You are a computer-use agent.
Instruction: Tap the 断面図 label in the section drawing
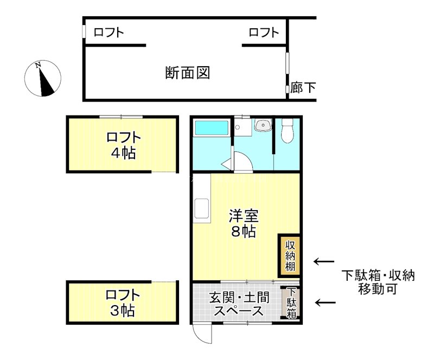[x=187, y=73]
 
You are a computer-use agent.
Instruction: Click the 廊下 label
[x=303, y=87]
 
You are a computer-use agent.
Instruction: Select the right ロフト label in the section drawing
[x=264, y=33]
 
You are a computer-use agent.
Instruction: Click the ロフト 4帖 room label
[x=123, y=145]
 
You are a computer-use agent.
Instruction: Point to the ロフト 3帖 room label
[x=122, y=304]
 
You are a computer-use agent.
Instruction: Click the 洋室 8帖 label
[x=242, y=224]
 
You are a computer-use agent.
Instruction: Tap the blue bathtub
[x=212, y=129]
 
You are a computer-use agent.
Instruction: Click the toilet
[x=288, y=130]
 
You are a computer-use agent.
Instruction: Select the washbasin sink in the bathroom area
[x=264, y=126]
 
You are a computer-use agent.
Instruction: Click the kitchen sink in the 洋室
[x=202, y=209]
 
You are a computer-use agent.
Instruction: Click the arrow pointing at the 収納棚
[x=324, y=262]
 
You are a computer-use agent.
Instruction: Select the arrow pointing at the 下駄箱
[x=325, y=302]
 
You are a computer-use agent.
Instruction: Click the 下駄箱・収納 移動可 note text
[x=378, y=282]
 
